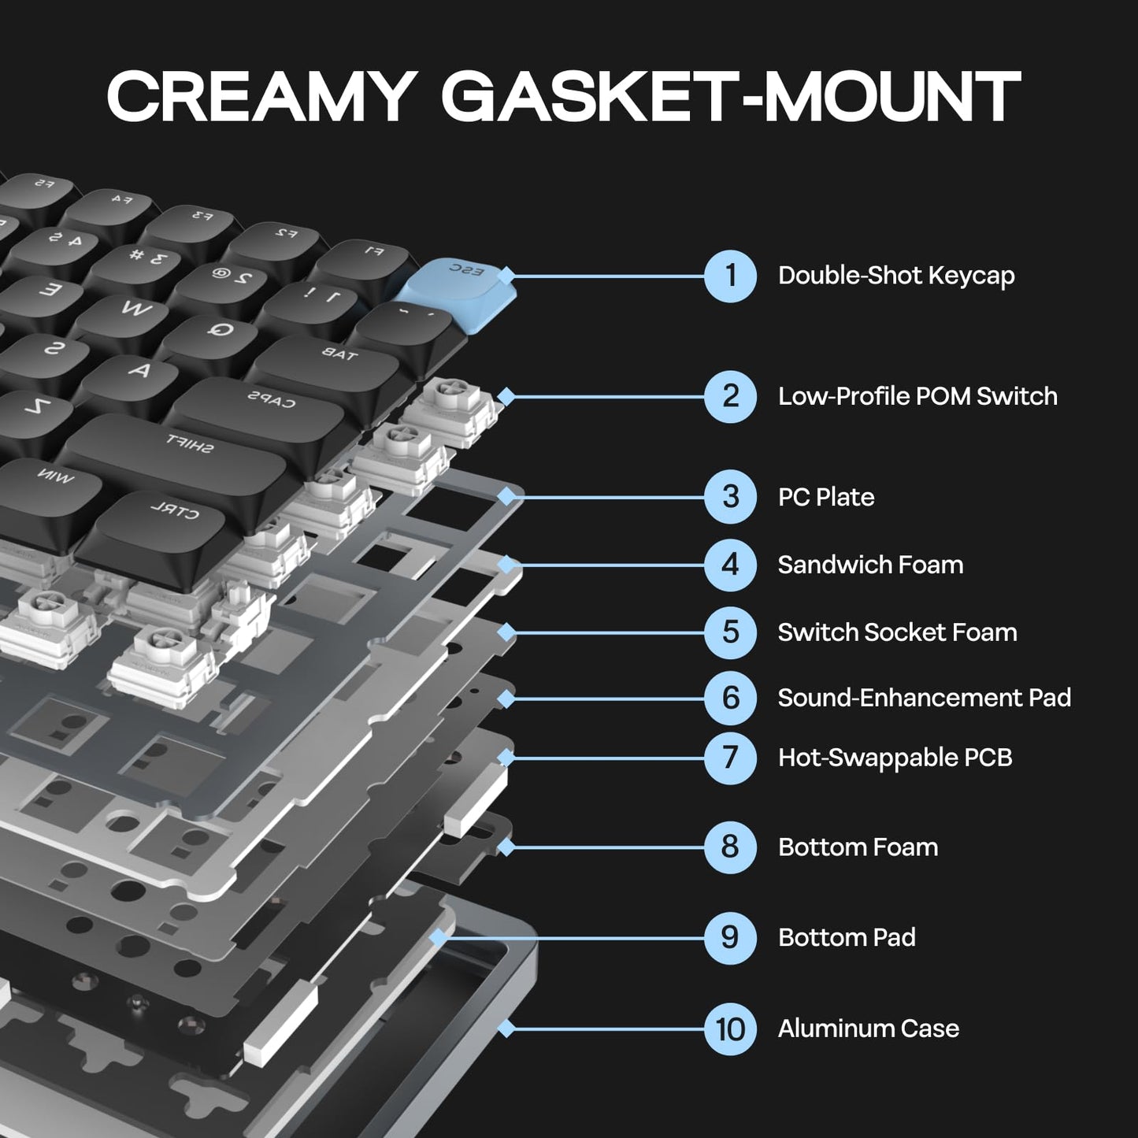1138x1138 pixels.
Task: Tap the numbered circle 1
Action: pyautogui.click(x=730, y=276)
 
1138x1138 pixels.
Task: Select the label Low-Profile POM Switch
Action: pyautogui.click(x=917, y=396)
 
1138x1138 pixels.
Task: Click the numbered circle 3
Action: pyautogui.click(x=730, y=497)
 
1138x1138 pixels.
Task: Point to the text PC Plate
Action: pyautogui.click(x=825, y=497)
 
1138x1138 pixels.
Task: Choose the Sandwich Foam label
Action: pyautogui.click(x=870, y=565)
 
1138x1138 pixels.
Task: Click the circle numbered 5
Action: pyautogui.click(x=730, y=632)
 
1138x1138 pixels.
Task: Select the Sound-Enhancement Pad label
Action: pyautogui.click(x=924, y=698)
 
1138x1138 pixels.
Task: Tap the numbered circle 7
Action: pyautogui.click(x=730, y=758)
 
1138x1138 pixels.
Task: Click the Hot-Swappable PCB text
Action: pyautogui.click(x=895, y=758)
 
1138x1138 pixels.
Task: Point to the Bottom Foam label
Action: pyautogui.click(x=858, y=847)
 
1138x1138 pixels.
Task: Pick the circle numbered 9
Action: pyautogui.click(x=730, y=937)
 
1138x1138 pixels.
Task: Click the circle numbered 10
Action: pyautogui.click(x=730, y=1029)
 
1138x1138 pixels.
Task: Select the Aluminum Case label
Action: pyautogui.click(x=868, y=1029)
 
